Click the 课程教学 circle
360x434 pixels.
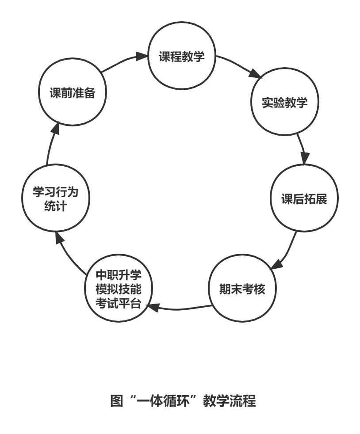[x=182, y=58]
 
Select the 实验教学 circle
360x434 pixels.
[x=285, y=103]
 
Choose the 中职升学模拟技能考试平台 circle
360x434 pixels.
[x=118, y=289]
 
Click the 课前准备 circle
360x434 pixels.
[x=72, y=94]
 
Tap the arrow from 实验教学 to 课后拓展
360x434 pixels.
[x=302, y=148]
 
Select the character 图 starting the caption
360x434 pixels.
[x=116, y=402]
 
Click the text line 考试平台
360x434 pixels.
[x=118, y=304]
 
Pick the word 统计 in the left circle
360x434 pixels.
[x=56, y=206]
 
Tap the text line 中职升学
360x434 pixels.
[x=118, y=275]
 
